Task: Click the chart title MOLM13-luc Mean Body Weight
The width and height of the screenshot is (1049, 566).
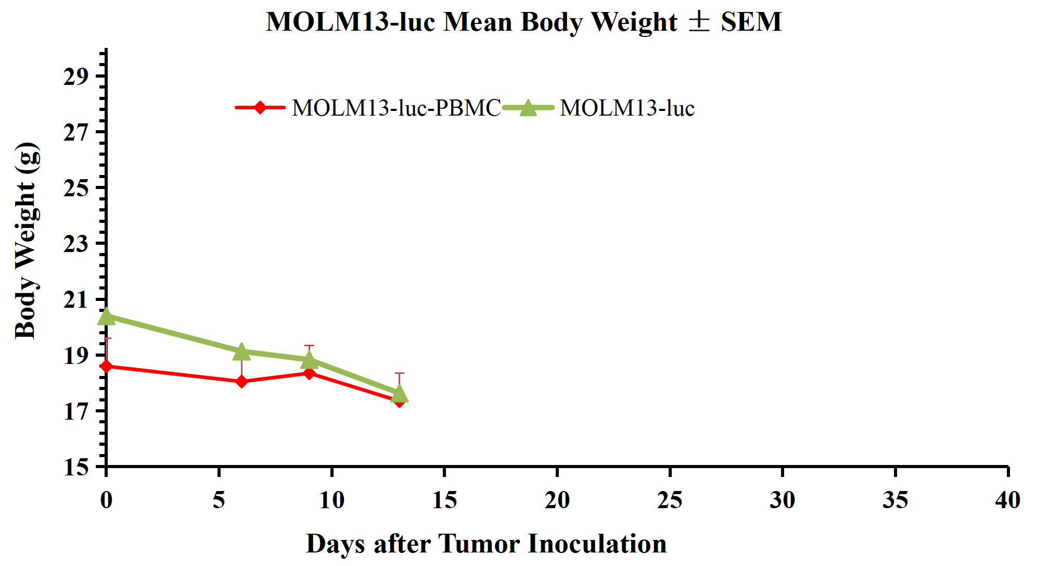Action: tap(523, 22)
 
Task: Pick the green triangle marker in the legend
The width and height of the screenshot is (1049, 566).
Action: tap(528, 108)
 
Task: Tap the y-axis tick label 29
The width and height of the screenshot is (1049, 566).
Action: tap(76, 77)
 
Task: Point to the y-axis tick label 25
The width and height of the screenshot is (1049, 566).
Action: tap(76, 188)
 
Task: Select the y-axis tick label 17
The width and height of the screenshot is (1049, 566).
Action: tap(76, 411)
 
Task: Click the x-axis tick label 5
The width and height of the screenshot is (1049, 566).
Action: tap(219, 500)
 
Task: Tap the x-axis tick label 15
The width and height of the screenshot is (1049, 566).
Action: tap(444, 500)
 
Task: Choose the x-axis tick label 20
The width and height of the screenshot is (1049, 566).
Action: tap(557, 500)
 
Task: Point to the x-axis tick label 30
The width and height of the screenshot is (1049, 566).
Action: tap(782, 500)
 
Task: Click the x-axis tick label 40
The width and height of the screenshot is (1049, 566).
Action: tap(1007, 500)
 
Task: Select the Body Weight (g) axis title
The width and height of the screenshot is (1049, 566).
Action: tap(26, 241)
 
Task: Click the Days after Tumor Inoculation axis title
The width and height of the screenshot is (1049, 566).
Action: tap(486, 544)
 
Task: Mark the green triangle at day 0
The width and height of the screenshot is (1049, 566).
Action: tap(106, 316)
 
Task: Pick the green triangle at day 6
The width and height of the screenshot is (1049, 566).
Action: tap(241, 351)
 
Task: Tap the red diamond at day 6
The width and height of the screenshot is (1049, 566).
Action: tap(241, 382)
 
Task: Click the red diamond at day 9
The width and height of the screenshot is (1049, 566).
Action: tap(309, 373)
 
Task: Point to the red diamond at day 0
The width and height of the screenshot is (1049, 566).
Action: tap(106, 367)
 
